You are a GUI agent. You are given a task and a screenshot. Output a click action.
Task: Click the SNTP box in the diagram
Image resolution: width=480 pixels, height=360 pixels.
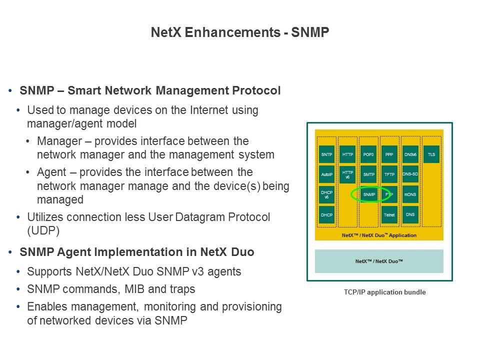coord(326,154)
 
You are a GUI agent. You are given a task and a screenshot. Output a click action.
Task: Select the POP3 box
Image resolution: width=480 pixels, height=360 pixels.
coord(368,154)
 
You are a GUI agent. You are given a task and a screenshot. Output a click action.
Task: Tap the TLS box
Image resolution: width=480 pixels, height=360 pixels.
coord(431,154)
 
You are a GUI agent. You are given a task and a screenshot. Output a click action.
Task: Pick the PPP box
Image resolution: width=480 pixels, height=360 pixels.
coord(389,154)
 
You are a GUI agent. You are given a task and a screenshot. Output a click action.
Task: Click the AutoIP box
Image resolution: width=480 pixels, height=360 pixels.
coord(326,174)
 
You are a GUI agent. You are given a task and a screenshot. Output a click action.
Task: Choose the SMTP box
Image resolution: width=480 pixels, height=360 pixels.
coord(368,174)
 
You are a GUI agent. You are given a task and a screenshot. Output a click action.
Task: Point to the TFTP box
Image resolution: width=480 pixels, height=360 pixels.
coord(389,174)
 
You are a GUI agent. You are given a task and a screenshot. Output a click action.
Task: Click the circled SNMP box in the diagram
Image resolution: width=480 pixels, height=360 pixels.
coord(369,194)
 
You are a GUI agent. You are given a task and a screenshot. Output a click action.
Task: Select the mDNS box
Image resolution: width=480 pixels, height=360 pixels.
coord(410,194)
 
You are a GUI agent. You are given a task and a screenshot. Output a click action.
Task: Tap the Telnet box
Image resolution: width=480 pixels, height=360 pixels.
coord(389,214)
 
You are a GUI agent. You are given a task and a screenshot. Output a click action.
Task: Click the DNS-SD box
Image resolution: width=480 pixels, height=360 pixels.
coord(410,174)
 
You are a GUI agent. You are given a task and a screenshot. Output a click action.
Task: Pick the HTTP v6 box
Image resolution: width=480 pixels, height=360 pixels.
coord(347,174)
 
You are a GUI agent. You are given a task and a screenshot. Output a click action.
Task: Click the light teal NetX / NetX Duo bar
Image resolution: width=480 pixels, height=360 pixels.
coord(379,261)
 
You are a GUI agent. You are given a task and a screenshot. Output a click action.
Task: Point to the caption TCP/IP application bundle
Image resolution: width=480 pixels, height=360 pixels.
coord(385,292)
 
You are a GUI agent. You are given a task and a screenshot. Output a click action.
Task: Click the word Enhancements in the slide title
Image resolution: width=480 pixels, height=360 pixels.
coord(232,32)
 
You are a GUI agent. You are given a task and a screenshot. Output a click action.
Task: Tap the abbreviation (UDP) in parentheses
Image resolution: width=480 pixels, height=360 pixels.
coord(43,230)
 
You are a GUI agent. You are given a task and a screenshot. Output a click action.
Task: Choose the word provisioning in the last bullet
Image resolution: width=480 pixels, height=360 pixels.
coord(251,306)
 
